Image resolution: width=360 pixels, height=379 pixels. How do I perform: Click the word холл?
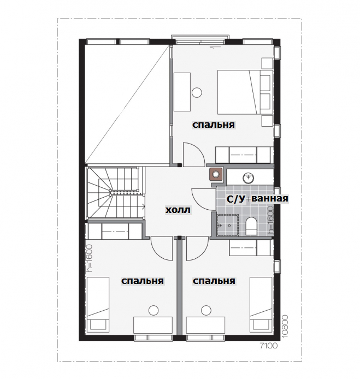pos(178,210)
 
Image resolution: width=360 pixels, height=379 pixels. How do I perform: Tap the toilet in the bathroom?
pos(251,226)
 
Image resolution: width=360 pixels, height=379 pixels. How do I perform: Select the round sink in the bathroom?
pos(249,178)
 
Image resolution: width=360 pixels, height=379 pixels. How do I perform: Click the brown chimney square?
pos(216,174)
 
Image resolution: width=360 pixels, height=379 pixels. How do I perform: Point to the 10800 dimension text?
pos(285,326)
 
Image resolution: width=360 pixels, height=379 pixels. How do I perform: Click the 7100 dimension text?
pos(269,346)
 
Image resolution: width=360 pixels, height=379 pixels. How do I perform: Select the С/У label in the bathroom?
pos(236,199)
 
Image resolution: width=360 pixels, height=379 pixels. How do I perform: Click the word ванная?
pos(270,198)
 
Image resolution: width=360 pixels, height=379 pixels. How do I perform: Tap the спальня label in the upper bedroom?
pos(214,125)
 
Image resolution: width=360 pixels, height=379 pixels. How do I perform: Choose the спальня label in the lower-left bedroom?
pos(143,281)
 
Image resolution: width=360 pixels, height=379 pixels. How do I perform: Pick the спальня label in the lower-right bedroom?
pos(214,281)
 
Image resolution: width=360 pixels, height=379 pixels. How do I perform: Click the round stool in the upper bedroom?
pos(197,92)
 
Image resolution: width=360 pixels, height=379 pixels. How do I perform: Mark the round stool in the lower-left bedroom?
pos(154,310)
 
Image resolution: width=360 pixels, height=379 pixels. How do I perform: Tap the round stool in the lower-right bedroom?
pos(206,310)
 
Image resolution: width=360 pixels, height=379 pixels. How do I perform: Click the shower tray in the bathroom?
pos(228,224)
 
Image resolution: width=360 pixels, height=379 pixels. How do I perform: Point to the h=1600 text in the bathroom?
pos(271,220)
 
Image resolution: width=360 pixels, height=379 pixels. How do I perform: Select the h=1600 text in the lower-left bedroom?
pos(90,258)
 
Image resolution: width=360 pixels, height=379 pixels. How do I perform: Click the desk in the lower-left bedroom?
pos(153,325)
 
